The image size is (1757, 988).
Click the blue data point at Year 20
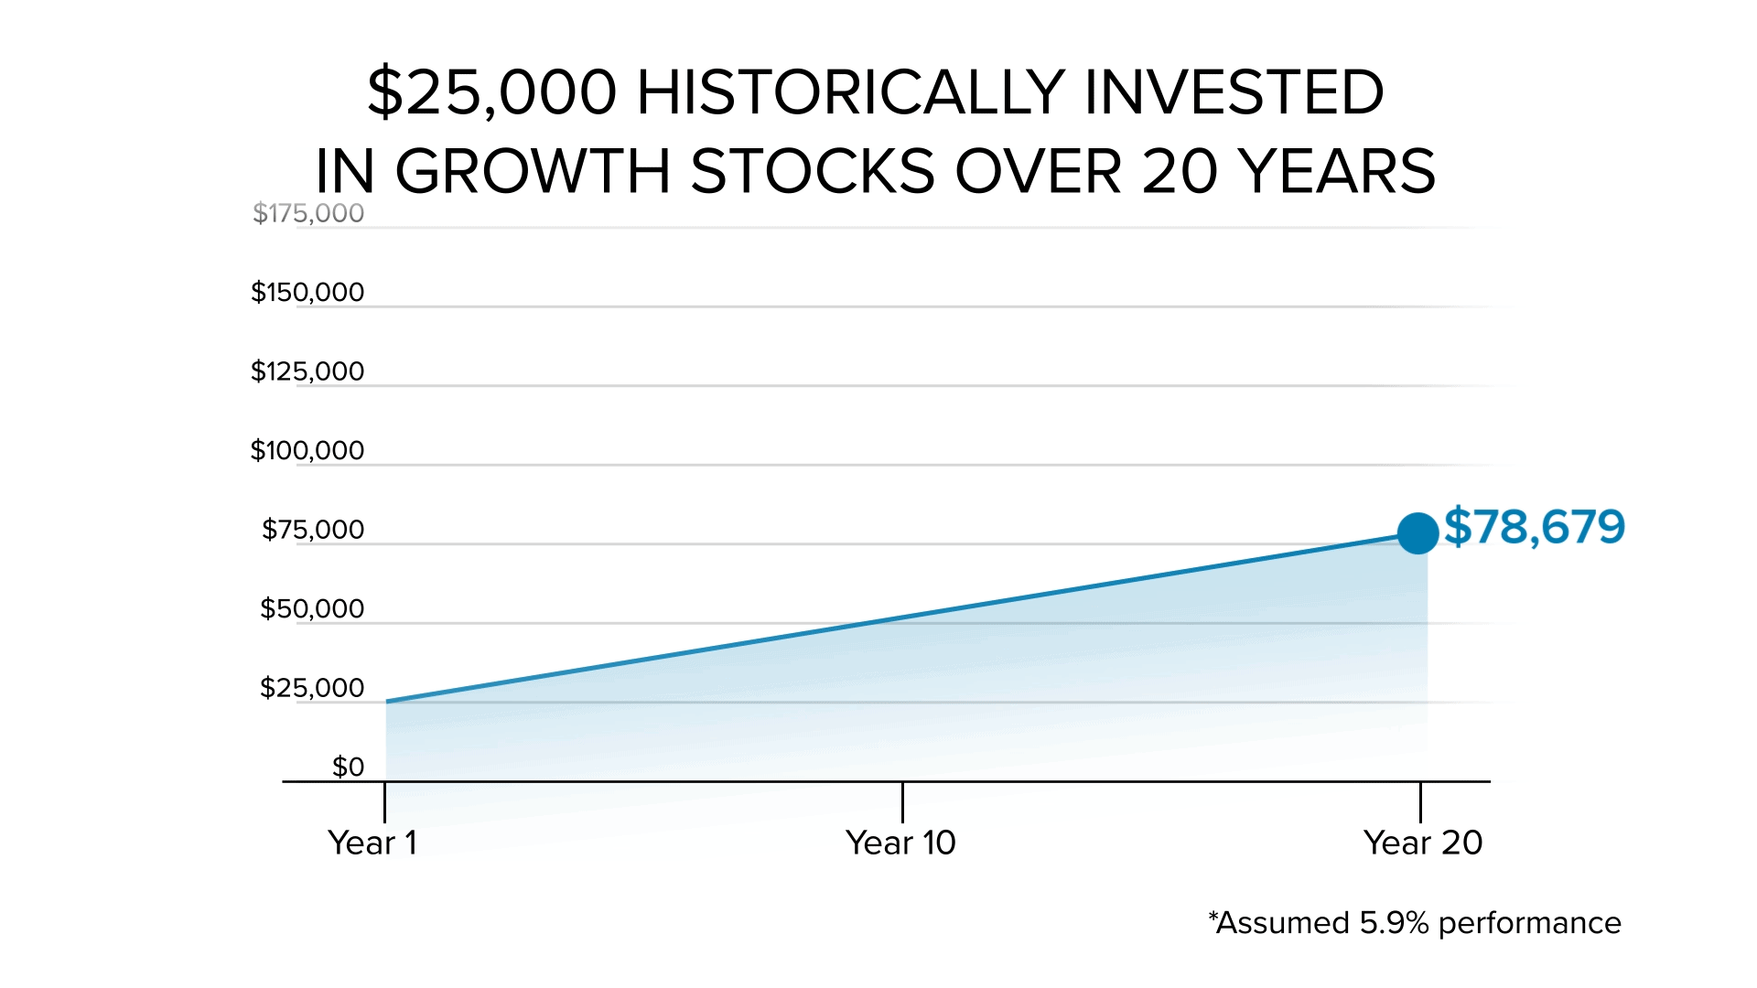(1417, 533)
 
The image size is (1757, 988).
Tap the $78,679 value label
(1535, 528)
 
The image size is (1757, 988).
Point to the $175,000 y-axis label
(308, 213)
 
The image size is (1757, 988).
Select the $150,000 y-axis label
(307, 293)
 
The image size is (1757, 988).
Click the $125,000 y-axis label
(307, 371)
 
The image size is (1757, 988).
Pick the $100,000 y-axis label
(307, 451)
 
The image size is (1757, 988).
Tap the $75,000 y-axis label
(313, 530)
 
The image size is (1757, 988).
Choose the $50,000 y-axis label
(312, 609)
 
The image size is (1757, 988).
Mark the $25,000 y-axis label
(312, 688)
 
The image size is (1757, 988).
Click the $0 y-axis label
(348, 767)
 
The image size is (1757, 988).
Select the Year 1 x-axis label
(372, 843)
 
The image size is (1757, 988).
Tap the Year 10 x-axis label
(900, 843)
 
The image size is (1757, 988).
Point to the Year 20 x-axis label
(1422, 843)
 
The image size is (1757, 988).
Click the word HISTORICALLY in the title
(850, 92)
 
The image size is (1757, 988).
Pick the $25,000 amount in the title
(492, 92)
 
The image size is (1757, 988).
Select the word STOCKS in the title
(813, 171)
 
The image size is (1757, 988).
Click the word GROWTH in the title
(533, 171)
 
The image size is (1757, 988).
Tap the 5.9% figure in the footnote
(1394, 923)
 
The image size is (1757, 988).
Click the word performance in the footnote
(1529, 924)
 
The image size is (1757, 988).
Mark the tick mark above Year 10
(902, 802)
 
